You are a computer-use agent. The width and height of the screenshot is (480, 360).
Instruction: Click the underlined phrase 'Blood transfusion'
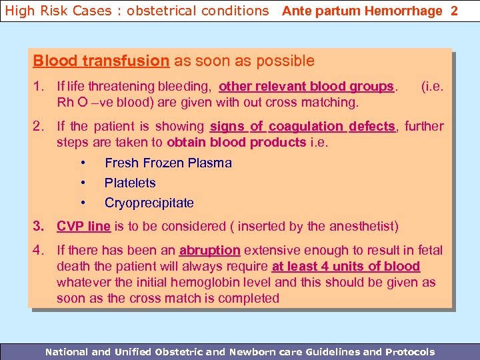point(101,61)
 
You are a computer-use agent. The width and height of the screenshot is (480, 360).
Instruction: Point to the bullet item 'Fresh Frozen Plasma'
point(168,163)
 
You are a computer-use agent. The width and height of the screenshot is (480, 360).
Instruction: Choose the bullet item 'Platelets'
point(130,183)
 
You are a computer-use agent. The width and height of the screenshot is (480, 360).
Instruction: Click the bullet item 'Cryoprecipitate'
point(149,203)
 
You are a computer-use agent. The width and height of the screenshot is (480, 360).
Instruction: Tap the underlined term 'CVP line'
point(83,226)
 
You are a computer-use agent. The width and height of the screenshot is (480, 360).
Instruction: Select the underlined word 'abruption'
point(209,250)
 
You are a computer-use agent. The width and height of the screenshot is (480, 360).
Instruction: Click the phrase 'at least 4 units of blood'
point(346,266)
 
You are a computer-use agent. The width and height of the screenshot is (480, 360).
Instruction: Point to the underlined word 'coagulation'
point(306,126)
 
